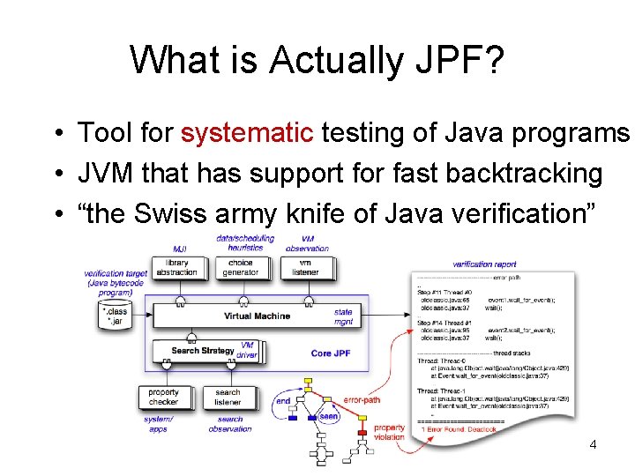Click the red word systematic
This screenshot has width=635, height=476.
click(247, 133)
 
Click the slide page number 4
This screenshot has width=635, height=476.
click(593, 444)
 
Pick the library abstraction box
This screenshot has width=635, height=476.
click(176, 268)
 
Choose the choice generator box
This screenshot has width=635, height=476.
click(240, 268)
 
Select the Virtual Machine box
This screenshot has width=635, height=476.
click(256, 316)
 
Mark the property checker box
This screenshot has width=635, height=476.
click(163, 398)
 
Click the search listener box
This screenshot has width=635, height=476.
click(228, 398)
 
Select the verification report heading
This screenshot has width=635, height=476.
click(484, 264)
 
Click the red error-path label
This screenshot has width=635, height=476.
click(362, 400)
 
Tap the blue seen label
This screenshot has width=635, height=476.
click(328, 416)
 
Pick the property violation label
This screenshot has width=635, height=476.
click(389, 433)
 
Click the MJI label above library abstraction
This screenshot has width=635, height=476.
click(179, 249)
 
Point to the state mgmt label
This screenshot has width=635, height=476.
click(343, 317)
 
